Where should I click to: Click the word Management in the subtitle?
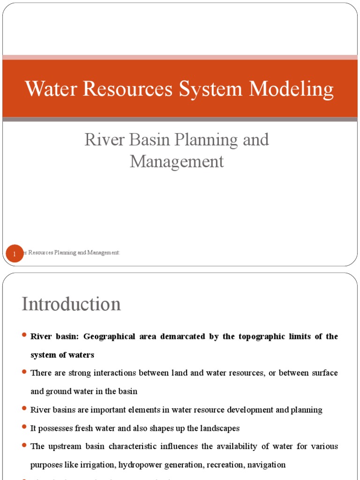click(177, 162)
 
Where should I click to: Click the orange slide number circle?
click(15, 254)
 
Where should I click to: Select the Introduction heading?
click(71, 304)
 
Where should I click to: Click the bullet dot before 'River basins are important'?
click(24, 409)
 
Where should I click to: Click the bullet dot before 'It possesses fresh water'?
click(24, 427)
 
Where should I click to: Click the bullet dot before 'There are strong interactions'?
click(24, 372)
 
